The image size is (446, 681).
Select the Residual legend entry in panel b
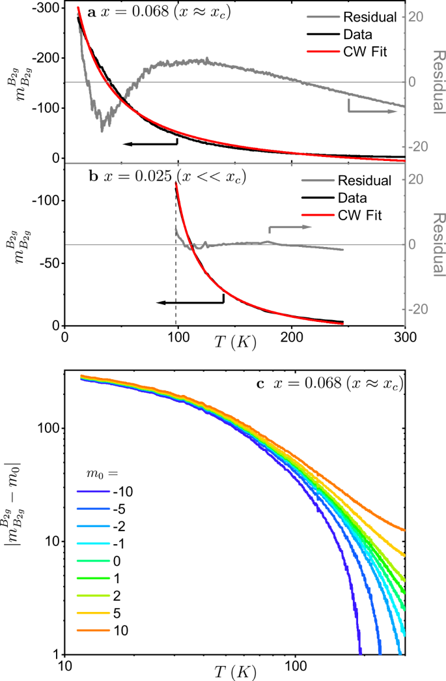tap(361, 181)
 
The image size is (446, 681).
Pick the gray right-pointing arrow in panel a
tap(372, 111)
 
